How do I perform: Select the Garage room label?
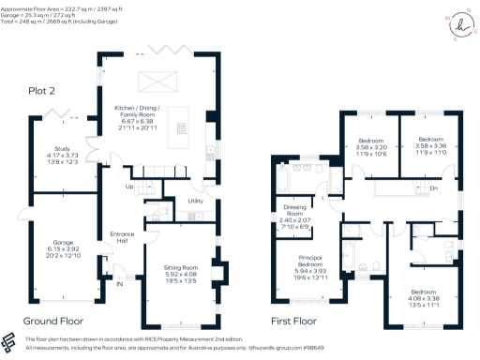62,247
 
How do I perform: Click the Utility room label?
196,201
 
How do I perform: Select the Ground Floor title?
58,320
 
